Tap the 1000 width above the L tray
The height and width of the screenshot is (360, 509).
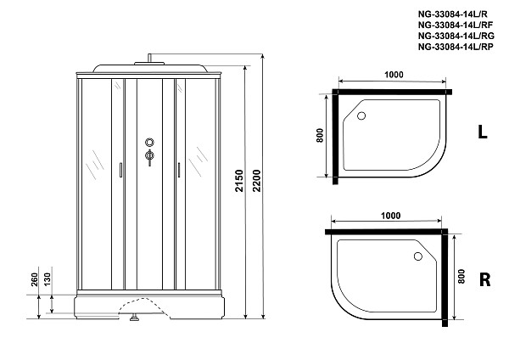393,76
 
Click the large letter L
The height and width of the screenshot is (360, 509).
482,133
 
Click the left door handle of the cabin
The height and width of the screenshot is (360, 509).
121,170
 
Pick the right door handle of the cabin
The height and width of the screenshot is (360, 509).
179,170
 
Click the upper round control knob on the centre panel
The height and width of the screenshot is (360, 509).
150,143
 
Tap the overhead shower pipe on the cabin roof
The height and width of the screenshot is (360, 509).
150,60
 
